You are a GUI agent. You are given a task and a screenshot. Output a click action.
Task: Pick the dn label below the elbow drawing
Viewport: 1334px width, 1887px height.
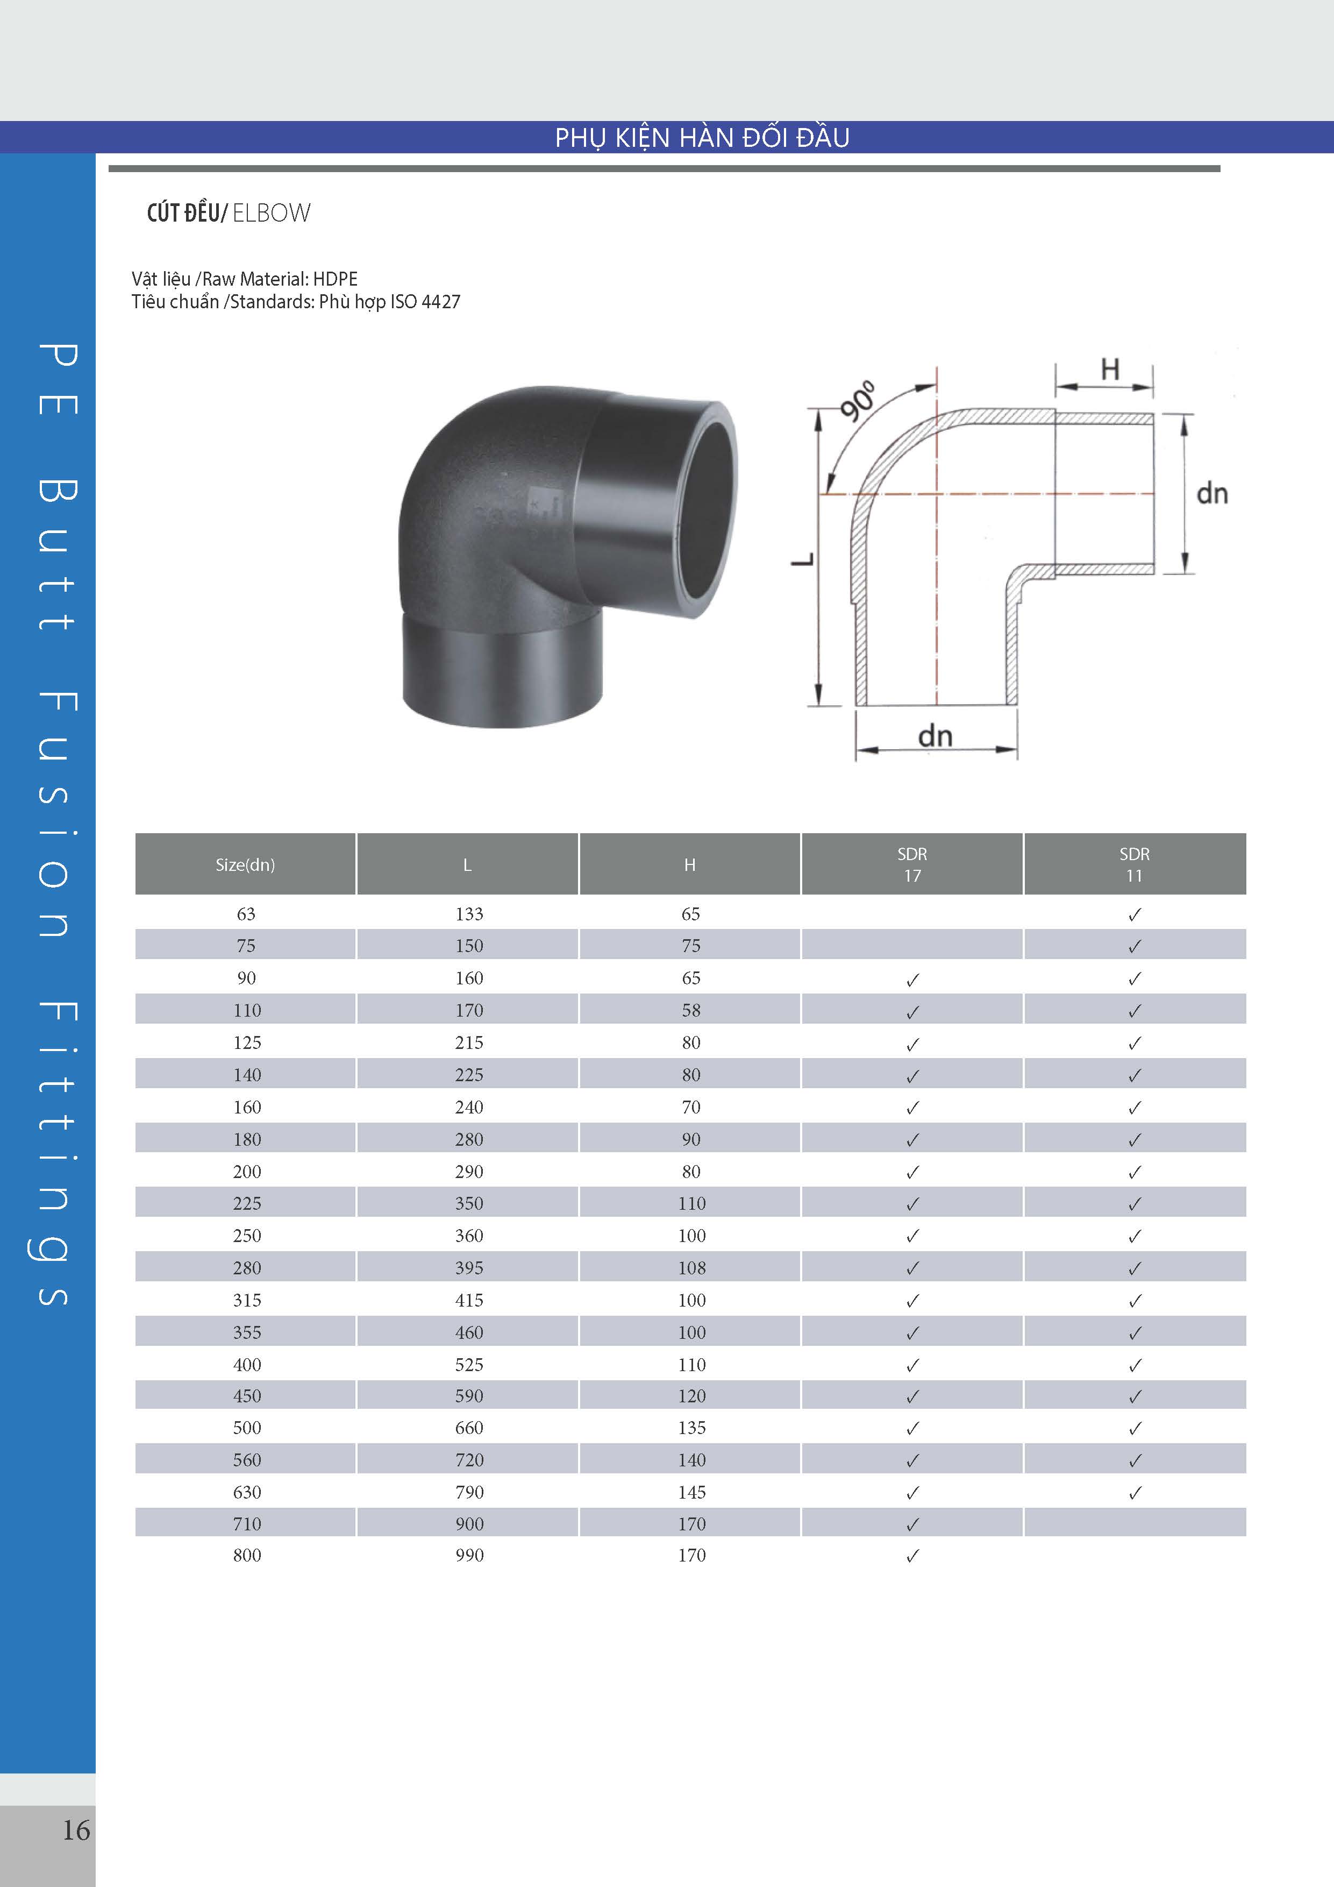[x=935, y=735]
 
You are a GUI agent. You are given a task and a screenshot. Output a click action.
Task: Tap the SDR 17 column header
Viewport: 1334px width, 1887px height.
[x=912, y=864]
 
